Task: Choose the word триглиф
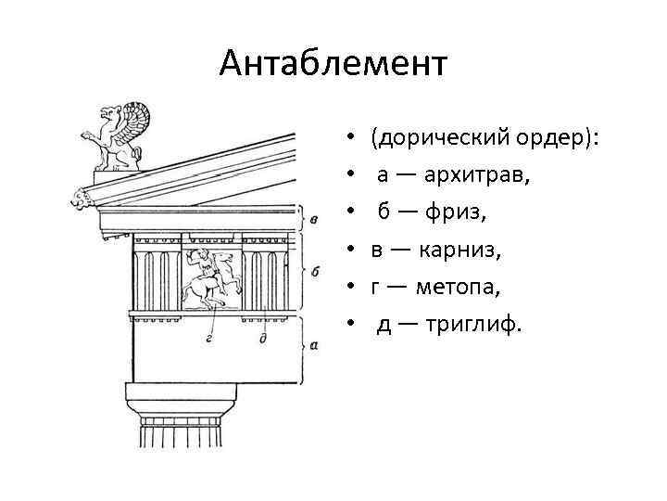(x=476, y=324)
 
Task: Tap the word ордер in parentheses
(x=555, y=138)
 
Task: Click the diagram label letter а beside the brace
(x=315, y=345)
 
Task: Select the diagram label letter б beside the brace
(x=315, y=271)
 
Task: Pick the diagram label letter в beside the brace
(x=315, y=220)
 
